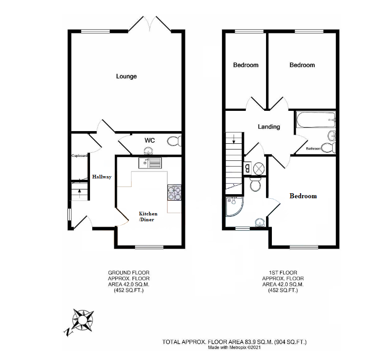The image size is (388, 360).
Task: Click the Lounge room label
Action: pyautogui.click(x=126, y=77)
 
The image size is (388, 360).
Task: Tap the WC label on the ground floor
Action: pyautogui.click(x=149, y=141)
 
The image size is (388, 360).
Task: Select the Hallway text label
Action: pyautogui.click(x=102, y=177)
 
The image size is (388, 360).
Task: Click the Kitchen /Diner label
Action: pyautogui.click(x=148, y=217)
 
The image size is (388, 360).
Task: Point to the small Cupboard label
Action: pyautogui.click(x=79, y=155)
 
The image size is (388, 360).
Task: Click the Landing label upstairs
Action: pyautogui.click(x=269, y=127)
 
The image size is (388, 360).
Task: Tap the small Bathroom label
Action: pyautogui.click(x=313, y=148)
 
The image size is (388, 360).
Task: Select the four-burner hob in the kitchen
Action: pyautogui.click(x=174, y=193)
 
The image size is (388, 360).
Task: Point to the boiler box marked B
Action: pyautogui.click(x=248, y=169)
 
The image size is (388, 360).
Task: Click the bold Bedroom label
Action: pyautogui.click(x=303, y=196)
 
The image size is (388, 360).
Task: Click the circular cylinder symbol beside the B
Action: pyautogui.click(x=259, y=169)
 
